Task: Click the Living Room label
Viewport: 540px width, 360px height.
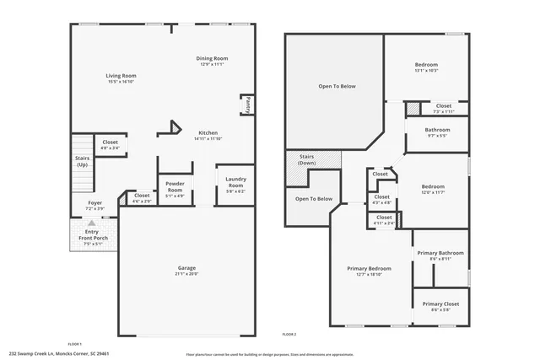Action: point(122,76)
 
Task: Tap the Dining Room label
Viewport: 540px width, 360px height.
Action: point(212,58)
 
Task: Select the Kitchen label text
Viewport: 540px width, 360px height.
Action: point(208,133)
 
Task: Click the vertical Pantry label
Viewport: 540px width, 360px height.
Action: point(247,105)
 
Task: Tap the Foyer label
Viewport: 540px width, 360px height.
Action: point(96,203)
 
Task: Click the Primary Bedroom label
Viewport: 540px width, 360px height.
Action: point(369,269)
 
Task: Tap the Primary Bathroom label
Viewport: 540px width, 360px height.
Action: point(440,253)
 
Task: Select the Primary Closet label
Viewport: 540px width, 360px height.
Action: point(440,304)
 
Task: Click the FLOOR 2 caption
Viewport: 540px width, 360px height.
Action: point(289,335)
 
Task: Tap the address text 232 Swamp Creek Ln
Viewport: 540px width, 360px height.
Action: point(42,354)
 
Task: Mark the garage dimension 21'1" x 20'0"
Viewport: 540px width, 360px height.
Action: point(186,273)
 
